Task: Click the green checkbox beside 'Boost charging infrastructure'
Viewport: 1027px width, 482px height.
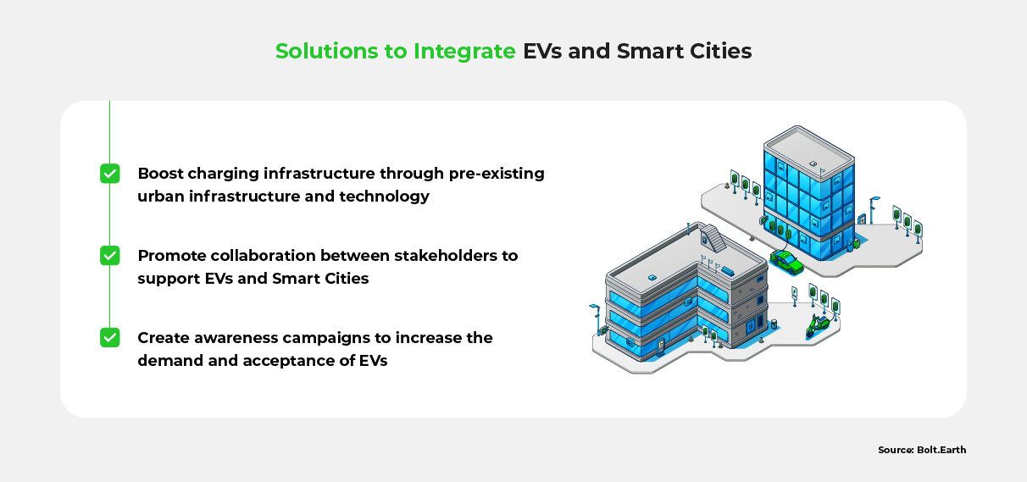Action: point(110,174)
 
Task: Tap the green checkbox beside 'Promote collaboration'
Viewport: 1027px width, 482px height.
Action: point(110,256)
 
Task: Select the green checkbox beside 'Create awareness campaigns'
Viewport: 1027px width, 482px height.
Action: point(110,338)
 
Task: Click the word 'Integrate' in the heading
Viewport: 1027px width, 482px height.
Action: point(464,51)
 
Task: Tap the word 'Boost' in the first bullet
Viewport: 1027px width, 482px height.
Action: point(161,174)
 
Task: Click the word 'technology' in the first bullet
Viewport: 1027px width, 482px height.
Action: point(386,197)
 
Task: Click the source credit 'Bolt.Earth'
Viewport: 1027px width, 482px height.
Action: point(941,450)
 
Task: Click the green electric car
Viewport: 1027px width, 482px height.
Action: point(786,262)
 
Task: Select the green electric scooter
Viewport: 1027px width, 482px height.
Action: point(817,326)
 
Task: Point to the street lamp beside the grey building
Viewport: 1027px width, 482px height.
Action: point(596,319)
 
